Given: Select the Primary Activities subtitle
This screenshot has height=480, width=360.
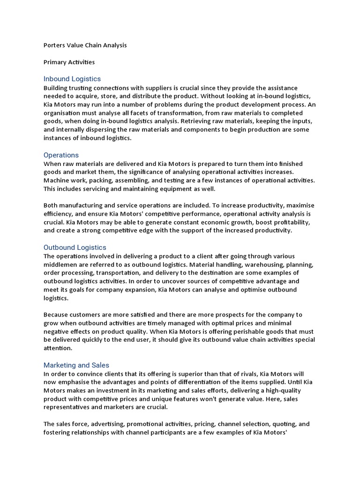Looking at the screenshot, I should [69, 62].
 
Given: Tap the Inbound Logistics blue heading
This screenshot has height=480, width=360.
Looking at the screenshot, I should [72, 79].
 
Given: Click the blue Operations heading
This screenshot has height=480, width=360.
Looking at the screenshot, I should [61, 155].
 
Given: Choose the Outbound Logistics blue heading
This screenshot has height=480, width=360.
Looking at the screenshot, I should [75, 247].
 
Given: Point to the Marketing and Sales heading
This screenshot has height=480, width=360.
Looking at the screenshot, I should [76, 365].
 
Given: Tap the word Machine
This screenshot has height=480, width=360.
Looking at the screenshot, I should [56, 180].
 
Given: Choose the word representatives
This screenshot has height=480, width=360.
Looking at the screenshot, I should [65, 407].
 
